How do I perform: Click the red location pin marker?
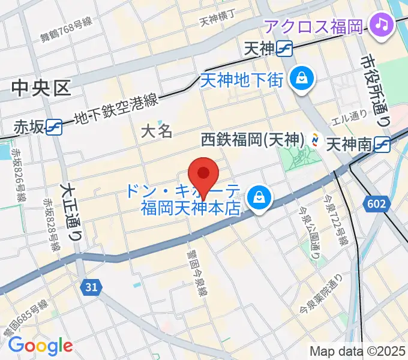(x=203, y=175)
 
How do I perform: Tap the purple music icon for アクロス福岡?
(x=381, y=25)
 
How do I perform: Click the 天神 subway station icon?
(x=284, y=49)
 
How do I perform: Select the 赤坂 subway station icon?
(x=55, y=127)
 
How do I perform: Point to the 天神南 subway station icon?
(x=382, y=143)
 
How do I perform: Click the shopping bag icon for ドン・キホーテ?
(x=259, y=196)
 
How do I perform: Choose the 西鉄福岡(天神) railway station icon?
(x=314, y=140)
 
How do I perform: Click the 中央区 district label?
(x=41, y=89)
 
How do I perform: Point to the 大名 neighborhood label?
(x=157, y=131)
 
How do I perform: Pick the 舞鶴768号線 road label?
(x=67, y=29)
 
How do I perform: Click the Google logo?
(x=40, y=346)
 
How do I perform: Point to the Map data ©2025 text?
(x=358, y=351)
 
